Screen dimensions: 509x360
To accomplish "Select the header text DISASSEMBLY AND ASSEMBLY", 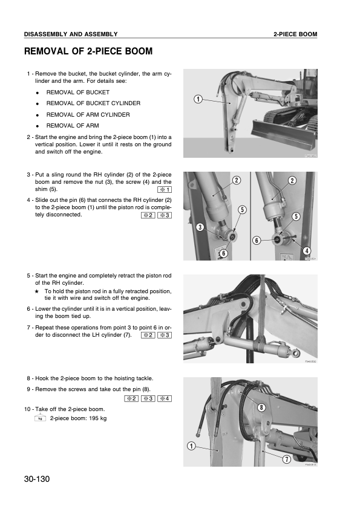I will pos(71,34).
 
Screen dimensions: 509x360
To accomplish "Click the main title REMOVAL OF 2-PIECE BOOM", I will pos(88,52).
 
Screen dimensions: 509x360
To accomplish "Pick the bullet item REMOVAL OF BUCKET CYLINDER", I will pos(93,103).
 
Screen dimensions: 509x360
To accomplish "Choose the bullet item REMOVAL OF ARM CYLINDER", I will pos(88,114).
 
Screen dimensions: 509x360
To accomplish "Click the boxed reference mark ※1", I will pos(163,190).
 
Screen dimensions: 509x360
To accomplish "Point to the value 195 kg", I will pos(96,418).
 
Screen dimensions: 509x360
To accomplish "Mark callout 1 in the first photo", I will pos(197,99).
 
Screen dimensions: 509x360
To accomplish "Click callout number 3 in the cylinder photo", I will pos(198,227).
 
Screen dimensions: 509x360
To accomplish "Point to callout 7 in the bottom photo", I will pos(287,459).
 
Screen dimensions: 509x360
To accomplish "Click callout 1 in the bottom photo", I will pos(191,446).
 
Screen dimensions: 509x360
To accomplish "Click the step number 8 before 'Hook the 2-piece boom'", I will pos(29,378).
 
